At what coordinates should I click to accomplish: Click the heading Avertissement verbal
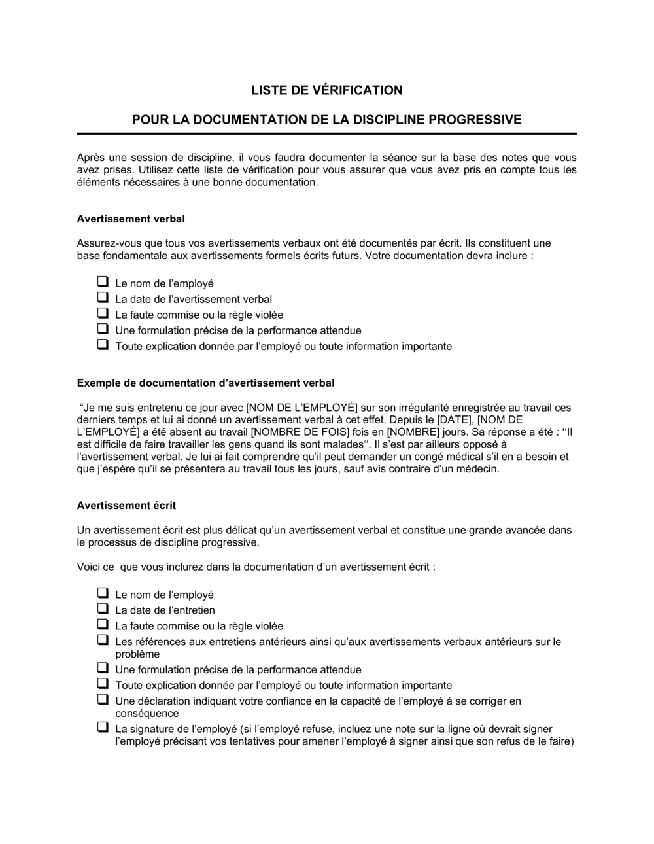[x=131, y=219]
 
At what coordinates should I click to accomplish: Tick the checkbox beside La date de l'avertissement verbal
[x=103, y=298]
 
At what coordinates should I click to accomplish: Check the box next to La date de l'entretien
[x=103, y=609]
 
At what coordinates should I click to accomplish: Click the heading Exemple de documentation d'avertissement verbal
[x=205, y=383]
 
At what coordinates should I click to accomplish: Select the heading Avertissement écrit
[x=126, y=505]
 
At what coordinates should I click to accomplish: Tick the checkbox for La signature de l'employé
[x=103, y=727]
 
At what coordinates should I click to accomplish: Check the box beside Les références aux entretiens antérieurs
[x=103, y=641]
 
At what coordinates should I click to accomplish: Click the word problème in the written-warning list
[x=137, y=654]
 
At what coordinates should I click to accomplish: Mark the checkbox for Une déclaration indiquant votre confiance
[x=103, y=699]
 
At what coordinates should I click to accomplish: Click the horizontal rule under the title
[x=327, y=133]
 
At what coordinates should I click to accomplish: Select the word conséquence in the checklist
[x=146, y=714]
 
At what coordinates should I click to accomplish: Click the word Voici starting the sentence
[x=90, y=567]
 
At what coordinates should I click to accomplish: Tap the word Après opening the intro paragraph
[x=91, y=158]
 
